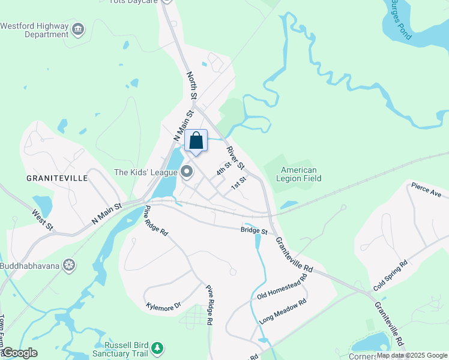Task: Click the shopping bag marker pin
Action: (196, 142)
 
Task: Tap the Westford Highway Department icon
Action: (78, 29)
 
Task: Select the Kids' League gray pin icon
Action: (187, 172)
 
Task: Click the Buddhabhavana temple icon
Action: (70, 265)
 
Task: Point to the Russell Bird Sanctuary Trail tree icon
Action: (157, 347)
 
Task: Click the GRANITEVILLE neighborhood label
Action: (57, 178)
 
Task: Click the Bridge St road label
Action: (253, 230)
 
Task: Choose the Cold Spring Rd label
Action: (390, 276)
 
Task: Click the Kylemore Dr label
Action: (163, 307)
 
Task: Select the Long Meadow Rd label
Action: (283, 312)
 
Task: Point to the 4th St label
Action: (224, 168)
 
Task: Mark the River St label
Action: (235, 157)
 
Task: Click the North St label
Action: (191, 85)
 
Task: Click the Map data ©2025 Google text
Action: (411, 355)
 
